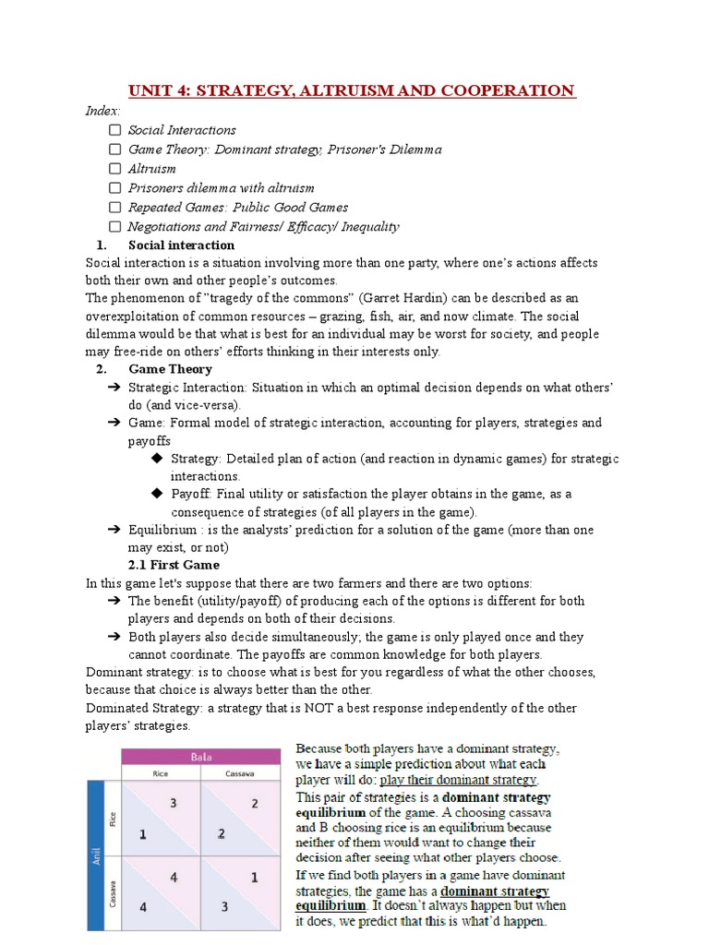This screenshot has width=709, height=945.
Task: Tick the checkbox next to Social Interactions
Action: point(114,130)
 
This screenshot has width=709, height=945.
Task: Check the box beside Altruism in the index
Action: point(114,169)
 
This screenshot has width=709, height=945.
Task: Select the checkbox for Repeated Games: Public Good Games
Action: point(114,208)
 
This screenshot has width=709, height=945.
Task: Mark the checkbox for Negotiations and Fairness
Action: point(114,227)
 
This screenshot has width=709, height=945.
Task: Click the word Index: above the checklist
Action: point(103,111)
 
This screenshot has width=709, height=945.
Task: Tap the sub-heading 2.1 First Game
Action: point(174,565)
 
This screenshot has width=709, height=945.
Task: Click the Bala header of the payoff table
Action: point(201,757)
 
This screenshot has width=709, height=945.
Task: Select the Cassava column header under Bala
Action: point(241,773)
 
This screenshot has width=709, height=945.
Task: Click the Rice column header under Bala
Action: point(161,773)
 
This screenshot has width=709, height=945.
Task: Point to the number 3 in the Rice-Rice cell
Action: point(173,803)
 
